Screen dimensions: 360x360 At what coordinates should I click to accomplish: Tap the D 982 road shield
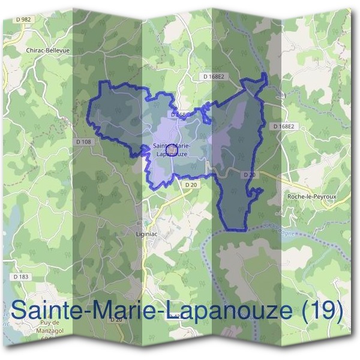(24, 20)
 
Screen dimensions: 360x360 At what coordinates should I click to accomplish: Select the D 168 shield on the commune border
(179, 114)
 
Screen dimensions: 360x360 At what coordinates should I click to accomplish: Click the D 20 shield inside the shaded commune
(250, 175)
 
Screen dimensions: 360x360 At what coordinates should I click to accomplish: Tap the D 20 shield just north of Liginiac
(191, 185)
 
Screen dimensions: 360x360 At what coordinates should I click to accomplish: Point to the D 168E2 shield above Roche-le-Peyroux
(283, 127)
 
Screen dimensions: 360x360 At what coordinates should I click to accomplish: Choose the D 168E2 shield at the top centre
(213, 77)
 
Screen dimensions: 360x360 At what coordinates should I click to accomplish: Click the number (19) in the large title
(323, 311)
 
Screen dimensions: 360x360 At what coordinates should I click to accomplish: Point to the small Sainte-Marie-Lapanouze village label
(172, 150)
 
